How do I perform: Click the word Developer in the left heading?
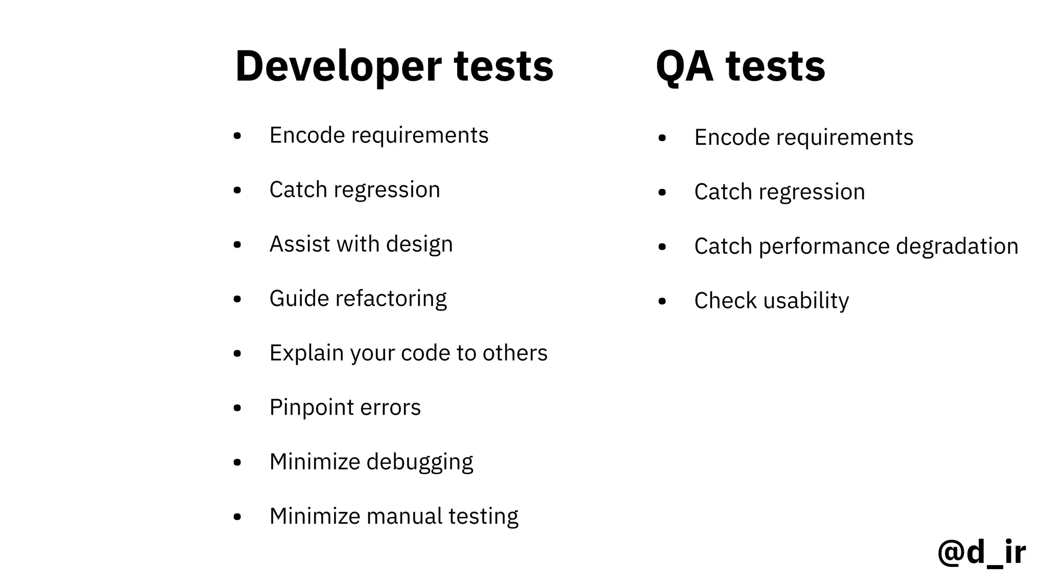pos(338,67)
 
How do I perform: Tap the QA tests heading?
pos(740,67)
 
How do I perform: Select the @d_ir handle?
pos(981,552)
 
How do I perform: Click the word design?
pos(419,244)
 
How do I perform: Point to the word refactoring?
pos(391,299)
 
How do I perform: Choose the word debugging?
pos(419,462)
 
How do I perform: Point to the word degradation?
pos(957,246)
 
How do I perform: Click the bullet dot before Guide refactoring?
pos(237,299)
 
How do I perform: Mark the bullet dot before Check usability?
pos(662,301)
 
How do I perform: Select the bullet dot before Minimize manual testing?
pos(237,517)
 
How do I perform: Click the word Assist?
pos(300,244)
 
